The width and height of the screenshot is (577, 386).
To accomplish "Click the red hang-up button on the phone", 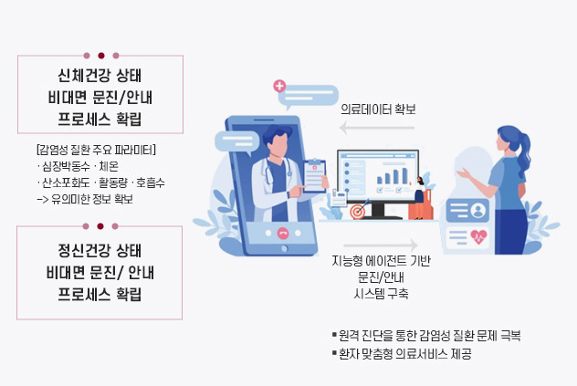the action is coord(283,233).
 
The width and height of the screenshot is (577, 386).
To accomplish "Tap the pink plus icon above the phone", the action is coord(279,86).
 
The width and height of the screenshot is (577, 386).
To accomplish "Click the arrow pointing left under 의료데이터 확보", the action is coord(377,128).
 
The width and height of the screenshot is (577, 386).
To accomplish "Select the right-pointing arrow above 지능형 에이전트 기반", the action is coord(381,245).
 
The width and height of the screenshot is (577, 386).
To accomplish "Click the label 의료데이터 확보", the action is coord(378,110).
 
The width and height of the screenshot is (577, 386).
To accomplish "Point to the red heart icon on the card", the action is coord(478,236).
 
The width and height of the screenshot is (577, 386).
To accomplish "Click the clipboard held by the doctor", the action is coord(315,176).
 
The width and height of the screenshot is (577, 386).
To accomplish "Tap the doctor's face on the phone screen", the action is coord(278,144).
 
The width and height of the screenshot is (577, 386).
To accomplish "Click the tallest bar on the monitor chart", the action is coord(404,175).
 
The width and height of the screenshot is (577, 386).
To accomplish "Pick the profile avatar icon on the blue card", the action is coord(478,211).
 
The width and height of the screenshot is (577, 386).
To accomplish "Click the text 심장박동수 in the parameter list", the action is coord(66,166).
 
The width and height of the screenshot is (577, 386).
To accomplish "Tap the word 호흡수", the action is coord(150,183).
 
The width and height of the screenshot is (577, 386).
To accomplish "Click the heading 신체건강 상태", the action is coord(100,75).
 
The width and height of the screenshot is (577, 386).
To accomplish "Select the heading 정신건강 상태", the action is coord(100,251).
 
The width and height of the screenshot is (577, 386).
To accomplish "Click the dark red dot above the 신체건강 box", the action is coord(101,56).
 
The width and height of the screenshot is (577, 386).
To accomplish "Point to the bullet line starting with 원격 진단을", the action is coord(426,335).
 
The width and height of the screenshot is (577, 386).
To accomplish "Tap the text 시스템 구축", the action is coord(381,294).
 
